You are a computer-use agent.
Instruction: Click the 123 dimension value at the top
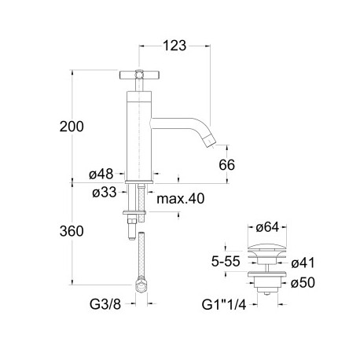point(175,46)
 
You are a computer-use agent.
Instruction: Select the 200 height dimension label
point(71,127)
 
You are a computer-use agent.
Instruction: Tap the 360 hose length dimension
point(71,232)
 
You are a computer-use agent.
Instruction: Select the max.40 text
point(180,199)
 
